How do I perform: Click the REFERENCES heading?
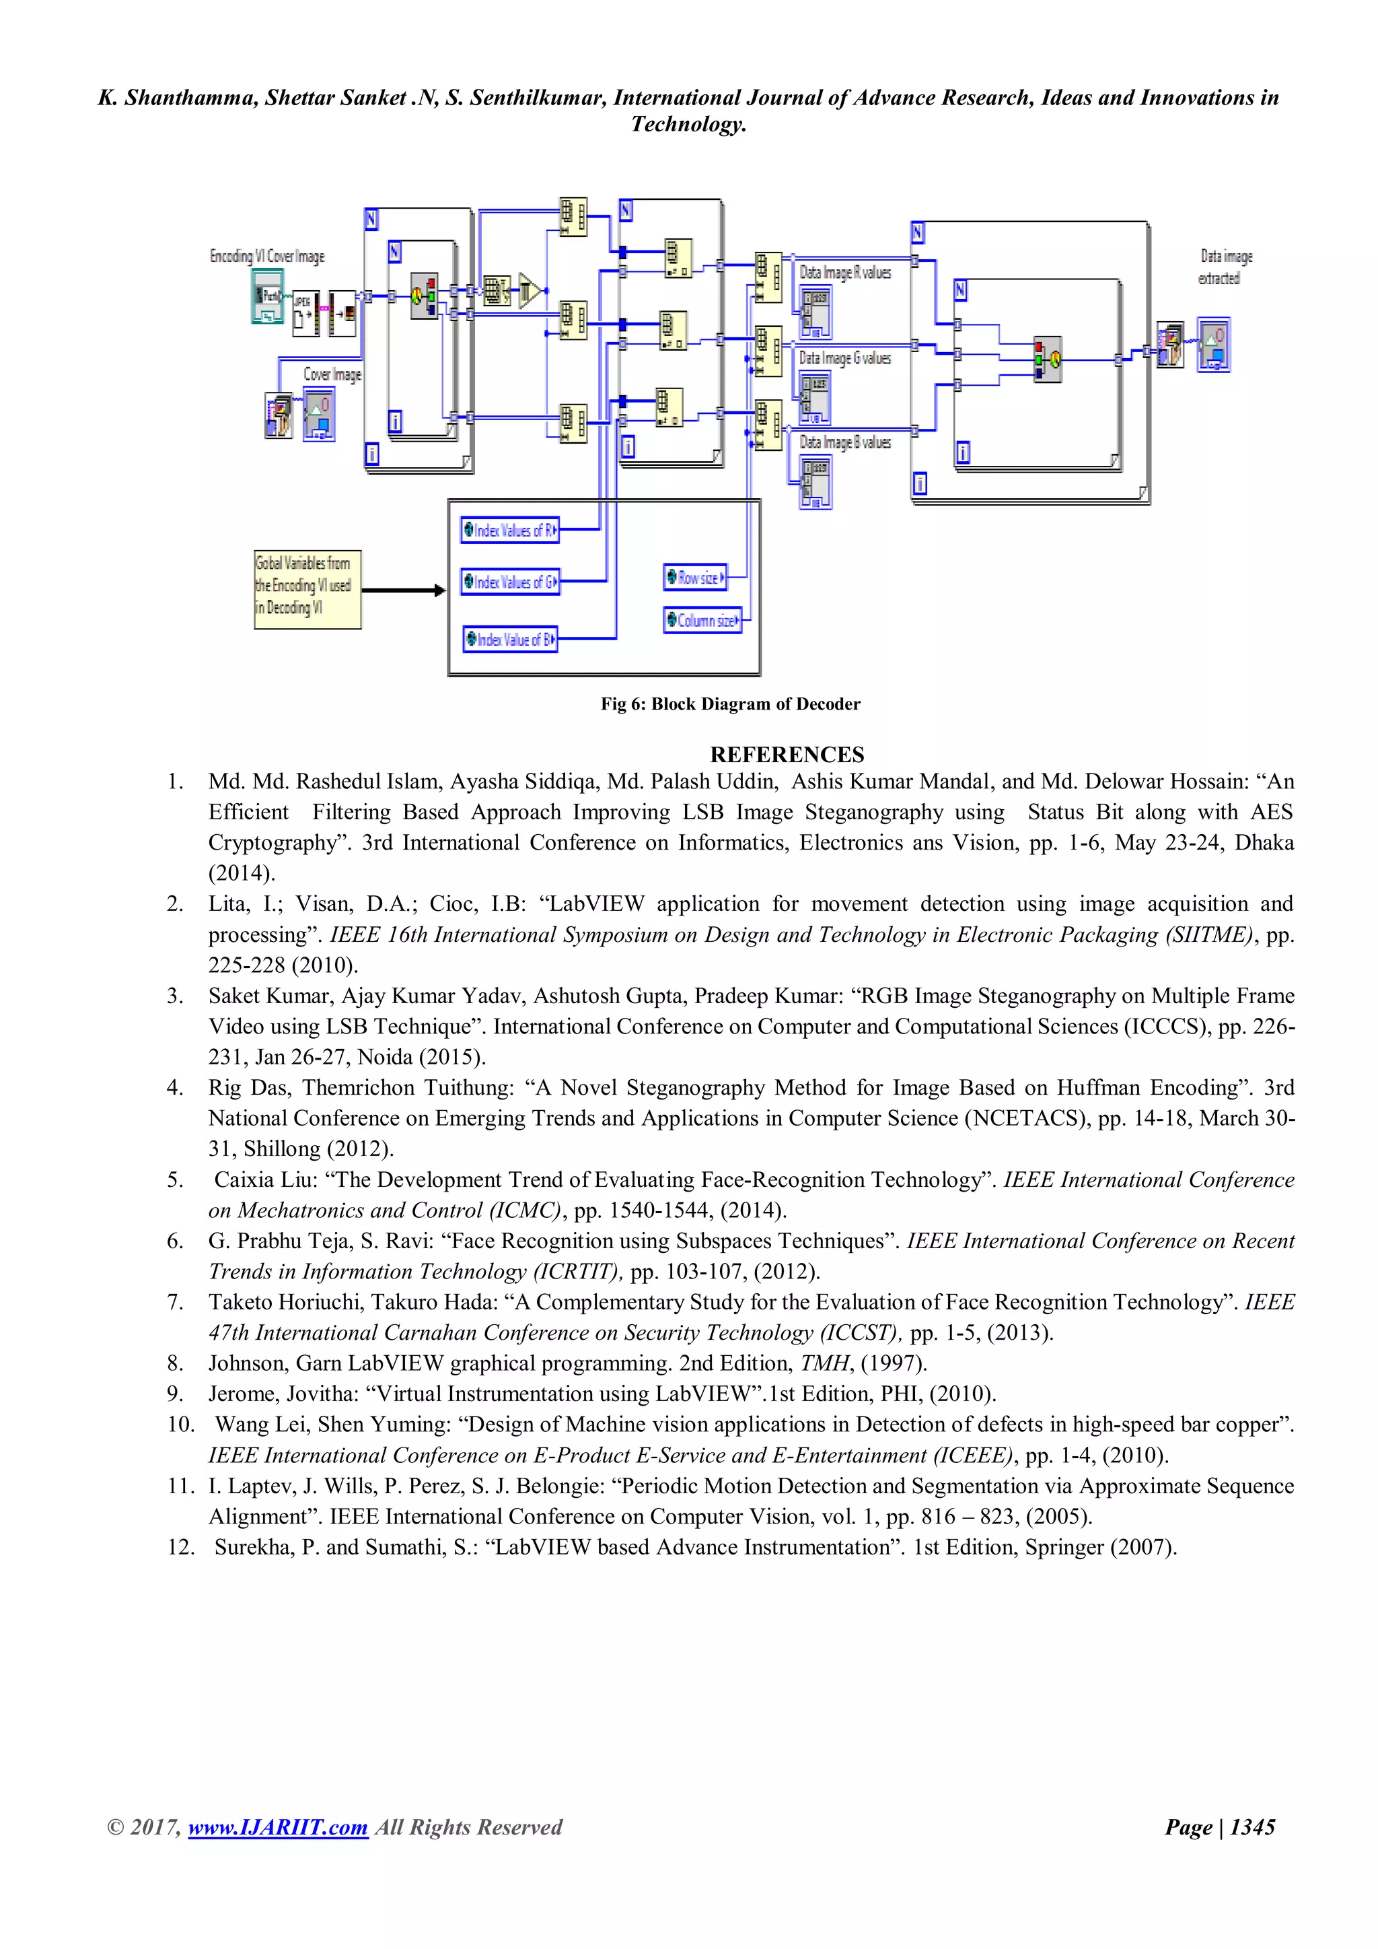787,755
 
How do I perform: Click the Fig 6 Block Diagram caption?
730,704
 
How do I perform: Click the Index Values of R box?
510,531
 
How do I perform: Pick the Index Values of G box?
510,582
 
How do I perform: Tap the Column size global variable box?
702,621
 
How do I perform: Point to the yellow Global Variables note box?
307,589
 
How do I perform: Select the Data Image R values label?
845,273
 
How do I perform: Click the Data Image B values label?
845,442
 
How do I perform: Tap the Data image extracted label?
1225,267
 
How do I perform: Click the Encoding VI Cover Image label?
266,256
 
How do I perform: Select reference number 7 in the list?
175,1302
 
